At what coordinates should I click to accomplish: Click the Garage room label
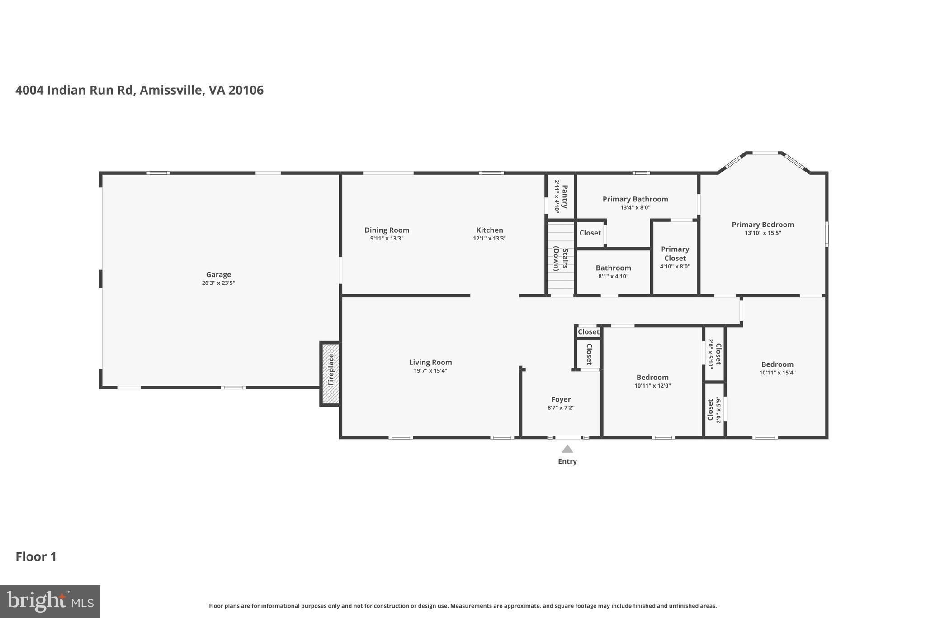218,274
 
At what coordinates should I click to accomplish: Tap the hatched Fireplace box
330,374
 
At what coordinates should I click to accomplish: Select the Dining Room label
387,230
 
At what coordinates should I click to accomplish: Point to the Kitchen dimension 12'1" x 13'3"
489,239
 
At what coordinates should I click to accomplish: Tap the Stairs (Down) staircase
561,258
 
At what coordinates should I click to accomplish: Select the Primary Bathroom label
635,199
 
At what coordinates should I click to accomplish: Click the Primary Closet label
675,254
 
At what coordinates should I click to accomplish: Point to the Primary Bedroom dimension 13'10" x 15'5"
762,233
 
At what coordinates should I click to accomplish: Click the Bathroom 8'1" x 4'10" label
613,268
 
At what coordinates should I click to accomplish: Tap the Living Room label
430,362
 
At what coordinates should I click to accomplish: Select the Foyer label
561,399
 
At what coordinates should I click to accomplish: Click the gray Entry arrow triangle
567,449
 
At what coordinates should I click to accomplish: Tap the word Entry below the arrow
567,461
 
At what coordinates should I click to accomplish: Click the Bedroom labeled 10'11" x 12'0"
652,378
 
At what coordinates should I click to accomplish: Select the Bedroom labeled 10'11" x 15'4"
777,364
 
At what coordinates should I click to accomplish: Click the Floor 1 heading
36,556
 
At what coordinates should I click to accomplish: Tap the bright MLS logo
50,601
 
